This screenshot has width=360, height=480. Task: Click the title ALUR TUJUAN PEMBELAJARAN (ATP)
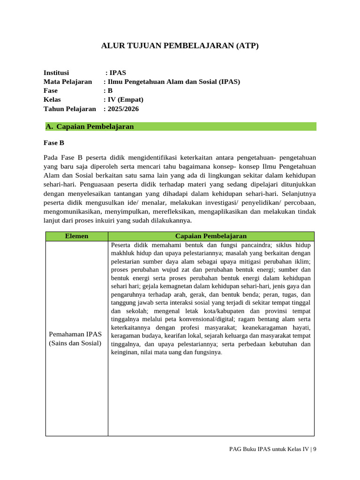180,46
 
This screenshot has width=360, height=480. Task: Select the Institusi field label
56,73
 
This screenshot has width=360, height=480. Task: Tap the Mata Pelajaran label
67,82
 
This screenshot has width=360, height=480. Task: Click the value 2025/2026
123,109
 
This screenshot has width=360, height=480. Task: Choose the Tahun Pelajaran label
69,109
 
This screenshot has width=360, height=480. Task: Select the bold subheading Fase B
53,143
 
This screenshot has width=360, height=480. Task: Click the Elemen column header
76,236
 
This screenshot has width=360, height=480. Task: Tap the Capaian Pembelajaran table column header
210,236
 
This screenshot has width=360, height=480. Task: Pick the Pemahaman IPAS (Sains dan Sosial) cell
75,338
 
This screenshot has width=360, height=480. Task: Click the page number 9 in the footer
315,449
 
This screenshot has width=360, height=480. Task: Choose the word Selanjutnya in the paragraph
300,193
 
